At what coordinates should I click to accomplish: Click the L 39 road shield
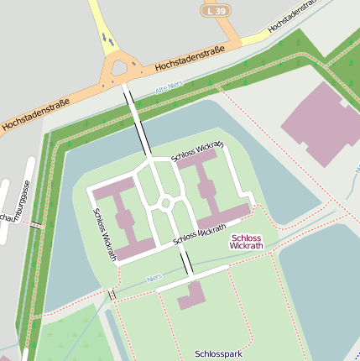[x=216, y=10]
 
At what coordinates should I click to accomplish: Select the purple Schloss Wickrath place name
[x=246, y=242]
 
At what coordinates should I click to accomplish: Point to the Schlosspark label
[x=218, y=354]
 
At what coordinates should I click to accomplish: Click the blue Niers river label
[x=154, y=277]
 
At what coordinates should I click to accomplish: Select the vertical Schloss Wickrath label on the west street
[x=105, y=233]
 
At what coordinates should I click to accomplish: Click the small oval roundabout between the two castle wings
[x=166, y=202]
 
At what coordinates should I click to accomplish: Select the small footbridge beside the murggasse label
[x=35, y=225]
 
